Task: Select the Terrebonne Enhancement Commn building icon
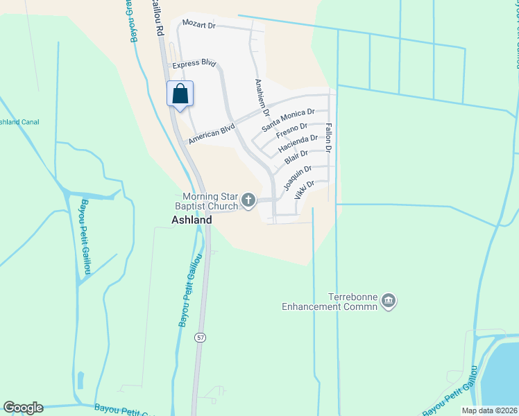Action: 389,301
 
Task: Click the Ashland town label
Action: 192,220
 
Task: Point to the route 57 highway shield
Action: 200,337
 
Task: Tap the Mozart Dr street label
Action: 198,24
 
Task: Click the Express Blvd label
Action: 195,63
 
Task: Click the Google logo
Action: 23,408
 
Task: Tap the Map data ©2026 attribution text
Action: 489,410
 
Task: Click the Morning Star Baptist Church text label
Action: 209,202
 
